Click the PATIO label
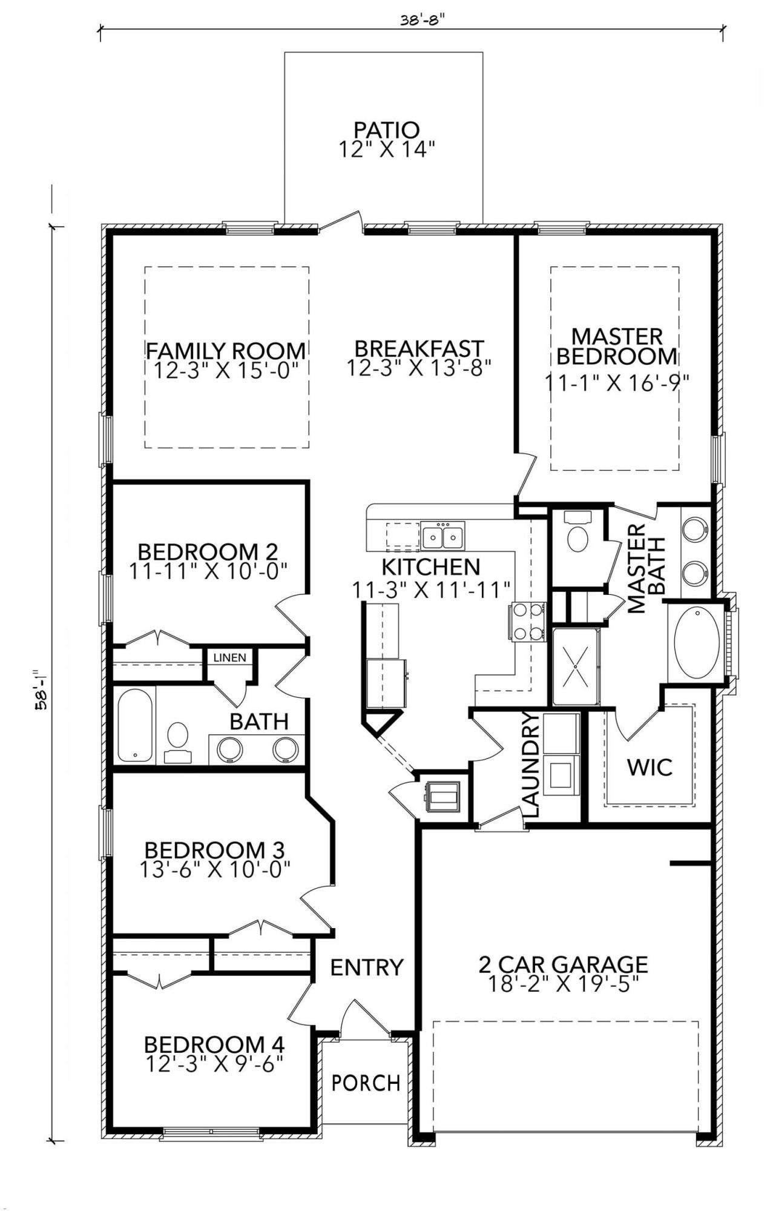(386, 130)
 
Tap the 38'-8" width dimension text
(423, 19)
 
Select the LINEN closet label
(229, 657)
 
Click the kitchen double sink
(443, 537)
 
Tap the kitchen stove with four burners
(528, 622)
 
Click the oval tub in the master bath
(696, 643)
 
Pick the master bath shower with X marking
(574, 667)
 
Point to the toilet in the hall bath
(178, 739)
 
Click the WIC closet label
(650, 767)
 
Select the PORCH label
(366, 1082)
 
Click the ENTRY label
(366, 967)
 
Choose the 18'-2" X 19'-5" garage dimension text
(563, 984)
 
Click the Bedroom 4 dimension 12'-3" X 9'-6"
(214, 1064)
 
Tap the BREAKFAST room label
(419, 349)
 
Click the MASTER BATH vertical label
(646, 569)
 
